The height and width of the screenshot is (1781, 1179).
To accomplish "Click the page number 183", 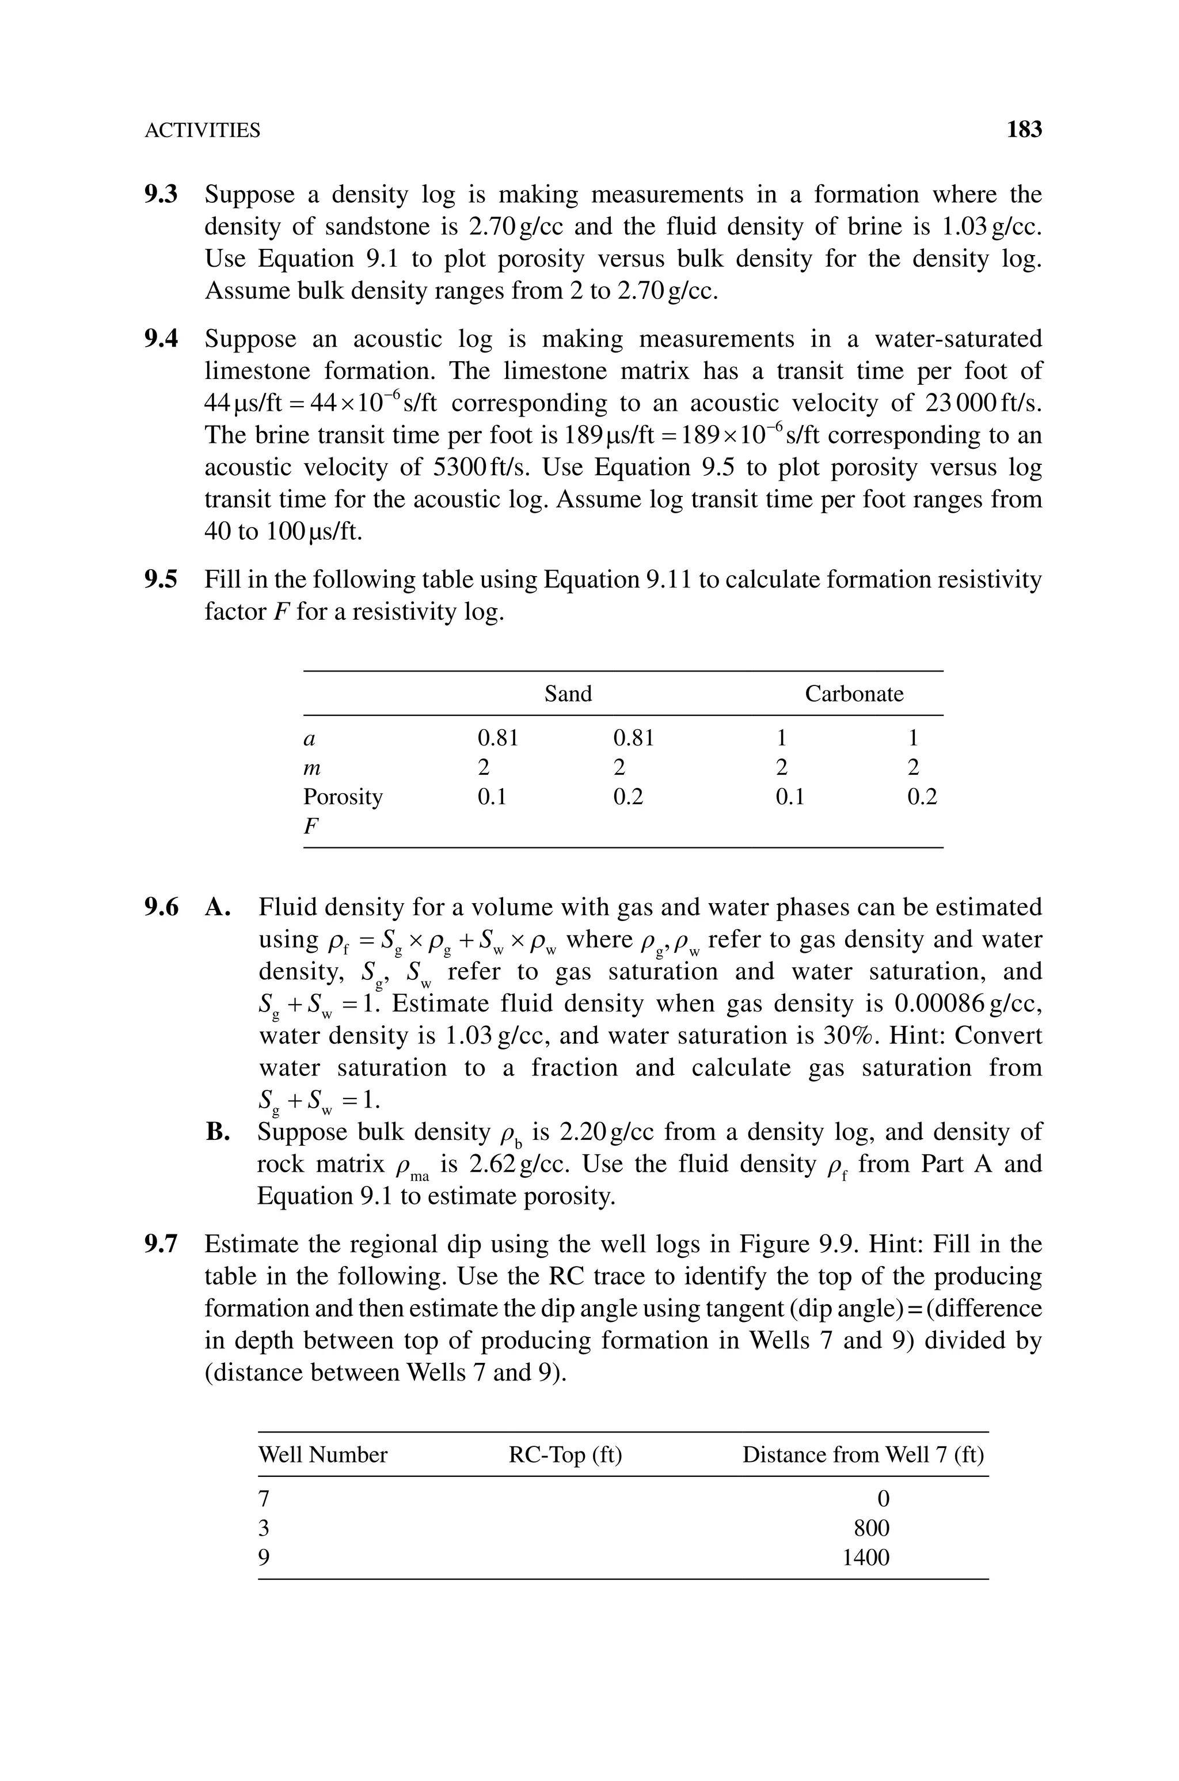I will click(1024, 130).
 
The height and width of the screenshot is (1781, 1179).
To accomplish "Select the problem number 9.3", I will click(162, 195).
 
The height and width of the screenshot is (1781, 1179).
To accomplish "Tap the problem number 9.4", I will click(162, 339).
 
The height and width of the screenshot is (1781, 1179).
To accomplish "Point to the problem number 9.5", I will click(162, 580).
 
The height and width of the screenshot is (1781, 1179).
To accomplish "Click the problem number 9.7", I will click(162, 1245).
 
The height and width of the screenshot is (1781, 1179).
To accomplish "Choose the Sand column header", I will click(568, 694).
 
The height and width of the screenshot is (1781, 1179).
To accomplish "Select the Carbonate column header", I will click(854, 694).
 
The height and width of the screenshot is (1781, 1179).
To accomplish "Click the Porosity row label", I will click(343, 797).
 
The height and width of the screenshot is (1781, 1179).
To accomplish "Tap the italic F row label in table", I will click(310, 826).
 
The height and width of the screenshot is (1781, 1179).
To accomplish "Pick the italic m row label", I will click(312, 768).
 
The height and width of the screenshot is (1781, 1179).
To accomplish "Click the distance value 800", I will click(872, 1528).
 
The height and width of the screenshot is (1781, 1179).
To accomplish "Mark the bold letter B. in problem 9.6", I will click(218, 1132).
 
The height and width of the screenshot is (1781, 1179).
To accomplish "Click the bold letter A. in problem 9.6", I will click(218, 908).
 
